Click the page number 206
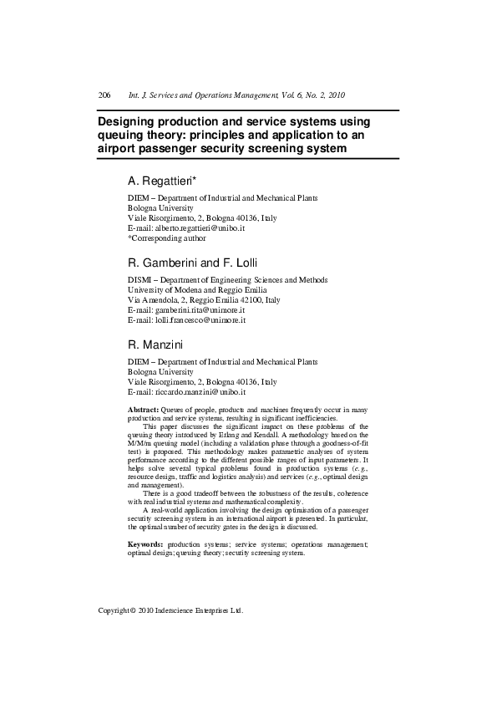(x=104, y=95)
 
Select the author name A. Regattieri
(x=161, y=181)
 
